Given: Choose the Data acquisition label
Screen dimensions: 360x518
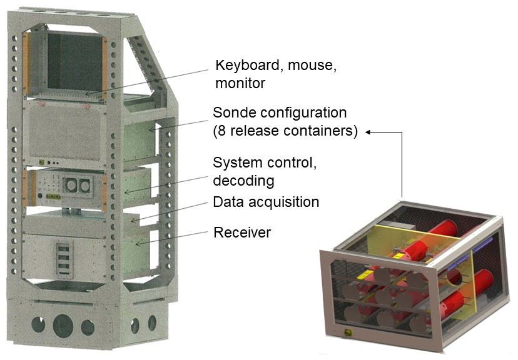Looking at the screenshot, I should pyautogui.click(x=266, y=202).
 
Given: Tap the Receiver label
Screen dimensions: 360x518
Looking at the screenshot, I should pyautogui.click(x=242, y=232).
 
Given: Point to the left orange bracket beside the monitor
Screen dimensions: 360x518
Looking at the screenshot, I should pyautogui.click(x=26, y=62).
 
